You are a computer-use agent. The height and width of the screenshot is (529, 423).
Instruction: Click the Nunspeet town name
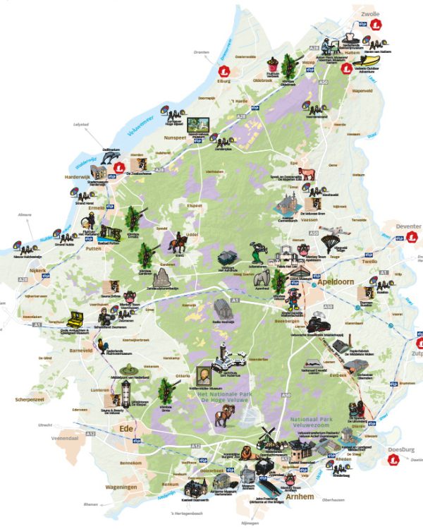(175, 139)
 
